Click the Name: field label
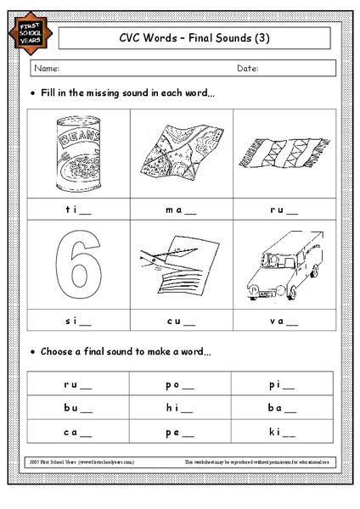coord(48,68)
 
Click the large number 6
coord(77,266)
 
